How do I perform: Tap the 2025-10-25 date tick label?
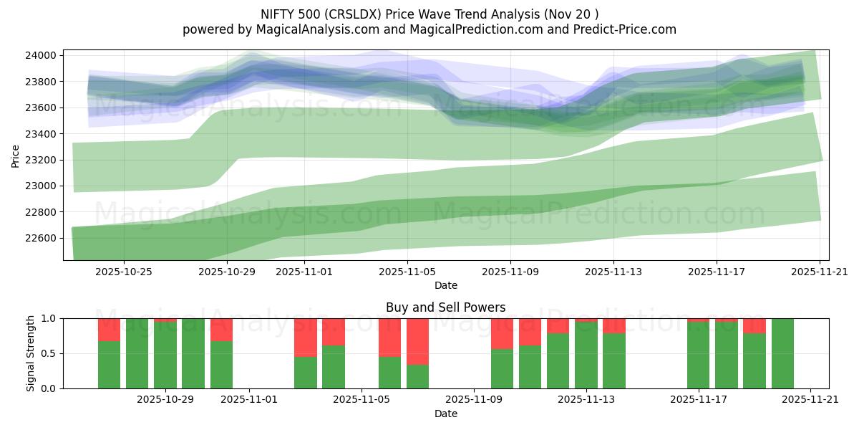[x=124, y=272]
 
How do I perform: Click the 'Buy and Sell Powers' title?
[x=445, y=307]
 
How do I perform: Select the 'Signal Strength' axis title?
[x=31, y=353]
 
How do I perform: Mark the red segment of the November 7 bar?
[x=417, y=341]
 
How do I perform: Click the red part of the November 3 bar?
[x=306, y=337]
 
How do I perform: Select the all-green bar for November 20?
[x=782, y=353]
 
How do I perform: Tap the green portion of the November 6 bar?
[x=389, y=372]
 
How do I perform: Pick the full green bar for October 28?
[x=137, y=353]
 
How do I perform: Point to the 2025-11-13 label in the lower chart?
[x=586, y=399]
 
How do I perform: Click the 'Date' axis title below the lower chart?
[x=445, y=414]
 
